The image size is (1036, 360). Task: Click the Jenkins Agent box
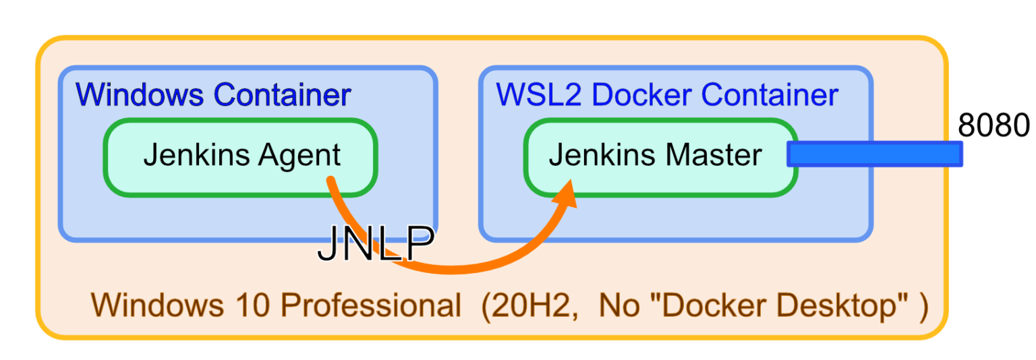point(240,158)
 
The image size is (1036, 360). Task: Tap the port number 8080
point(994,126)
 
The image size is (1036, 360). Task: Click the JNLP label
point(375,246)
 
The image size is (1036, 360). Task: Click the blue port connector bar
point(875,154)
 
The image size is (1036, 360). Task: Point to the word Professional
point(370,306)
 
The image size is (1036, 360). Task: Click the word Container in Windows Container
point(283,94)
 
